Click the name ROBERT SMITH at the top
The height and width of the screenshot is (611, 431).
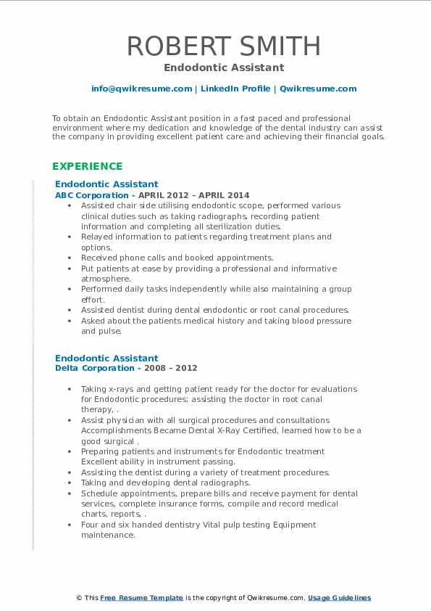click(224, 46)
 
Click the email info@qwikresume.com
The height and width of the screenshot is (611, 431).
click(141, 89)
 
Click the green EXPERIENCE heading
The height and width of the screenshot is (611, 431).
click(87, 166)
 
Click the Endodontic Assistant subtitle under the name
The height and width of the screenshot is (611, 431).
click(224, 67)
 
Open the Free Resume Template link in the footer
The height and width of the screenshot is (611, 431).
click(141, 598)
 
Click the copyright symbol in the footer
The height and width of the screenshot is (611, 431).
click(80, 598)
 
